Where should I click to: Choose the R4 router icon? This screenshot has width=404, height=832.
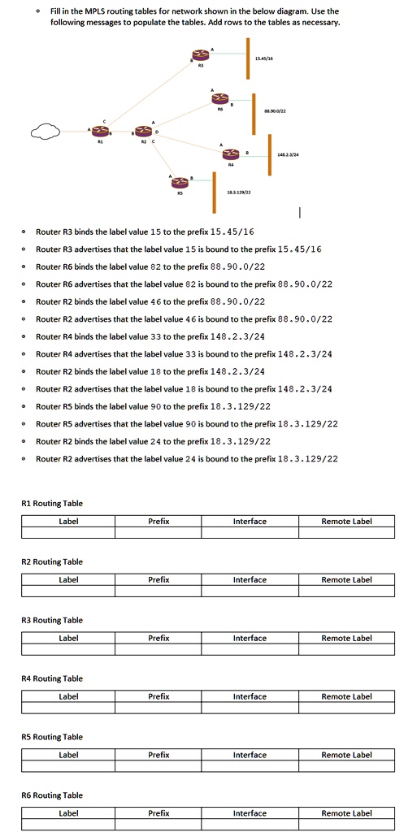tap(232, 154)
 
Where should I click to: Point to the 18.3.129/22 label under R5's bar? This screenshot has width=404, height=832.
tap(238, 191)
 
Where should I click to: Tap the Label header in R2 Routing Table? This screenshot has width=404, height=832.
tap(68, 580)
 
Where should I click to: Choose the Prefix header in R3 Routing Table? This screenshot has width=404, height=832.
tap(159, 639)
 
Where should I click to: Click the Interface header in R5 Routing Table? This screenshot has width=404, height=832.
tap(250, 755)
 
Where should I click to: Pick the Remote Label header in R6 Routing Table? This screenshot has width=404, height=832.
tap(346, 813)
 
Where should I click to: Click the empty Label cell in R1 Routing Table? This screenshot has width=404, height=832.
tap(68, 533)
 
